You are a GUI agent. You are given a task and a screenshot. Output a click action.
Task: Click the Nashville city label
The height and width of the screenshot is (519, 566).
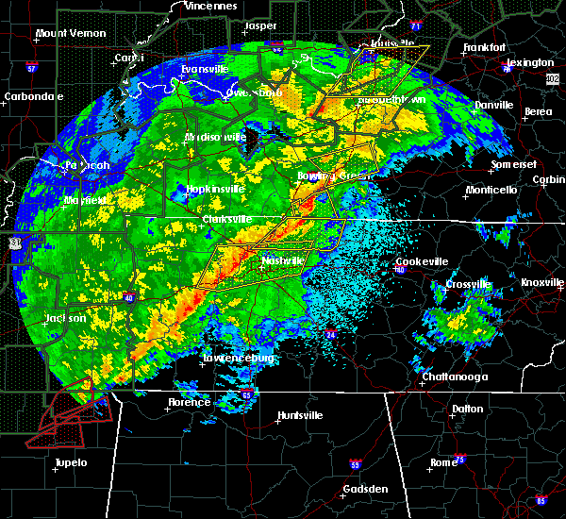click(x=284, y=259)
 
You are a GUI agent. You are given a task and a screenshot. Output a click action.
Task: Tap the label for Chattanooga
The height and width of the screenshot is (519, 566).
click(x=454, y=377)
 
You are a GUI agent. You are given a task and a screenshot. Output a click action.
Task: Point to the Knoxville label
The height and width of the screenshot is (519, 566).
click(x=543, y=283)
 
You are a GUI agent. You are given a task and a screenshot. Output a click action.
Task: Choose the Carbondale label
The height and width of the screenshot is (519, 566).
click(x=33, y=96)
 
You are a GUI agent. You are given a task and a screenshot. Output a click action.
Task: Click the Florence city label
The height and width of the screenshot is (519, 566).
click(x=189, y=402)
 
